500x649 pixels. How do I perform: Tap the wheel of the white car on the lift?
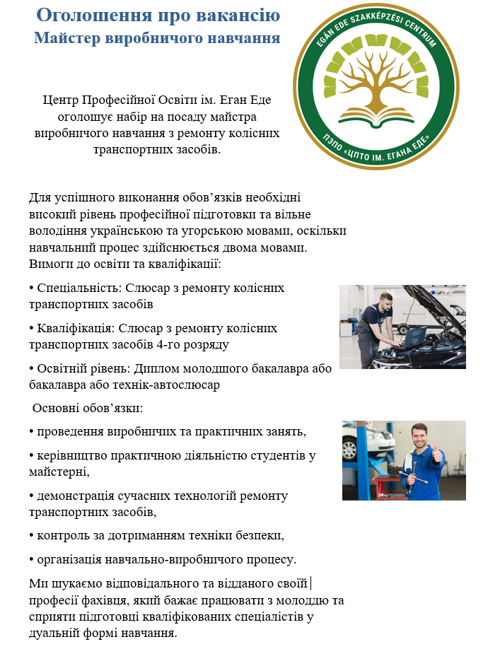tap(350, 450)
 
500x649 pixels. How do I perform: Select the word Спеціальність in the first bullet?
tap(74, 288)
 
